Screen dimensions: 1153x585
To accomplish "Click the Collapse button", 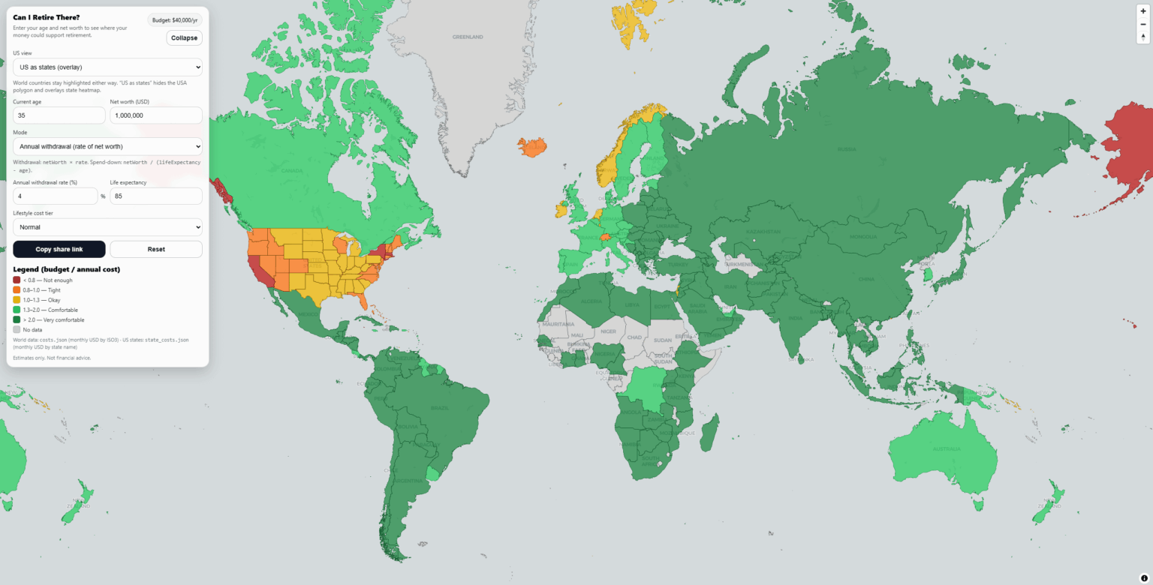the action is coord(184,37).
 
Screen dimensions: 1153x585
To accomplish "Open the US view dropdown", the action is coord(107,67).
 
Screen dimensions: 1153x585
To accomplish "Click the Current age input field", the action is coord(59,115).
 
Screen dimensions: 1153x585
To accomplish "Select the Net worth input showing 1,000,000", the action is coord(156,115).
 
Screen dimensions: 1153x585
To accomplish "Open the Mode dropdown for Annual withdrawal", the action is coord(107,146).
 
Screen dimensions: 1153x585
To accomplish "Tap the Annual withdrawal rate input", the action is coord(55,196).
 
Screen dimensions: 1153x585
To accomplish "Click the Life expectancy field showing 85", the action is coord(156,196).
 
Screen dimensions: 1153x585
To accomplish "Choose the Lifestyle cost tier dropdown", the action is coord(107,226).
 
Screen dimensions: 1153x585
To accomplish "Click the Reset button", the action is coord(156,249).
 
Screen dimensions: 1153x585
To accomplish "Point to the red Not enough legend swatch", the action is coord(17,280).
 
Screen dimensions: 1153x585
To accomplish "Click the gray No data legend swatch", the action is coord(17,329).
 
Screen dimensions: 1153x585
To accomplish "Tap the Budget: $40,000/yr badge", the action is coord(175,20).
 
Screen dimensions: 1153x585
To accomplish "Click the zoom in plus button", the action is coord(1143,11).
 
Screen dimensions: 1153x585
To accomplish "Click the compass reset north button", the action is coord(1143,37).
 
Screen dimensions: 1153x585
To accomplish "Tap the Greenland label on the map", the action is coord(467,37).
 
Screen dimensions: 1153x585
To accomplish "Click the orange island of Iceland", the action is coord(531,146).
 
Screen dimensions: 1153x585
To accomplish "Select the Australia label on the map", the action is coord(946,448).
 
